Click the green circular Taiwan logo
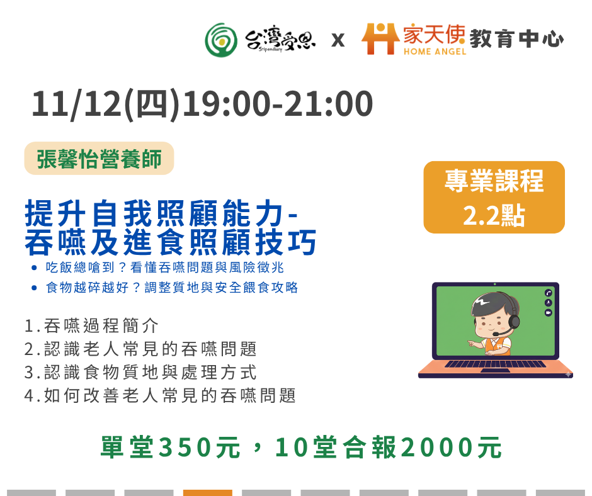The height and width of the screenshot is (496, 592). coord(221,40)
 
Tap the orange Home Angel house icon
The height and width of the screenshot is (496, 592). coord(380,38)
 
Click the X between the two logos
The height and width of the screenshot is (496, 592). coord(338,40)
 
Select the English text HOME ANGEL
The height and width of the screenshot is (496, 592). coord(435,52)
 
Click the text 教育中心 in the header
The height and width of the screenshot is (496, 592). coord(516,39)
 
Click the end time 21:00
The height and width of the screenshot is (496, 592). coord(329,104)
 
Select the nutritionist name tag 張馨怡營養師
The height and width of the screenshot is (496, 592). coord(99,159)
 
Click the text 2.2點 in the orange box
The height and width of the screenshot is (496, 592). coord(494,215)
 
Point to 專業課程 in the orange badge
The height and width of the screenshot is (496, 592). coord(494,181)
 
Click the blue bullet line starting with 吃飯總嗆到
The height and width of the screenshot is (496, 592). coord(164,268)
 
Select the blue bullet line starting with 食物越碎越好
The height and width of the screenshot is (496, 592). coord(172,288)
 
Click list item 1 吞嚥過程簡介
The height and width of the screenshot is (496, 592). coord(91,326)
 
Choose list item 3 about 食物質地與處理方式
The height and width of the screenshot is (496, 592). coord(140,373)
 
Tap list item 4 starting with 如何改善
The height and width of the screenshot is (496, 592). coord(160,396)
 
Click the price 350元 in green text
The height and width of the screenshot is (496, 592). coord(200,448)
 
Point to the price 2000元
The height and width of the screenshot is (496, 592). coord(452,448)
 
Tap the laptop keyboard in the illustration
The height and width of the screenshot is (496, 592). coord(496,364)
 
